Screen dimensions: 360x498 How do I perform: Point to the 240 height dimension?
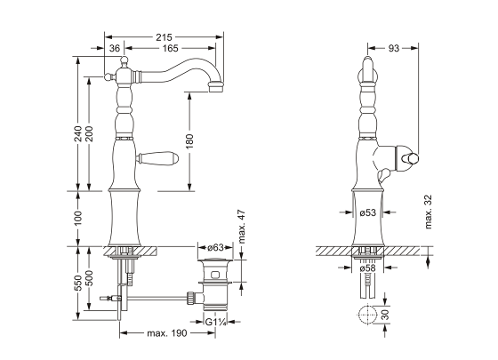79,133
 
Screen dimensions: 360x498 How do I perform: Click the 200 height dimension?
90,133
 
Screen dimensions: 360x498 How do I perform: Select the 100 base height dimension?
79,216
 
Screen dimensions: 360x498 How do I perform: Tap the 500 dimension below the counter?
90,280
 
